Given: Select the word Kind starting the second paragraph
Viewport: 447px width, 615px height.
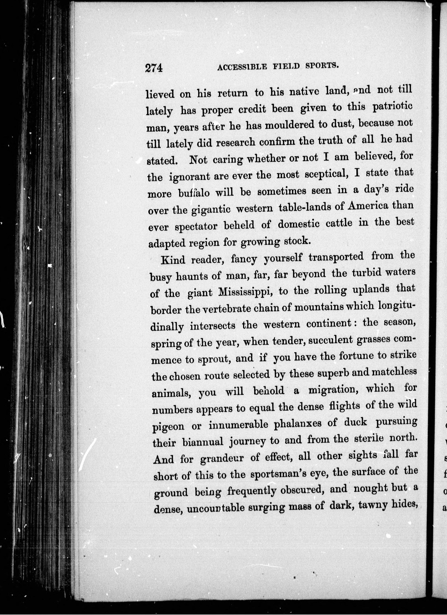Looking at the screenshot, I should click(x=173, y=259).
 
